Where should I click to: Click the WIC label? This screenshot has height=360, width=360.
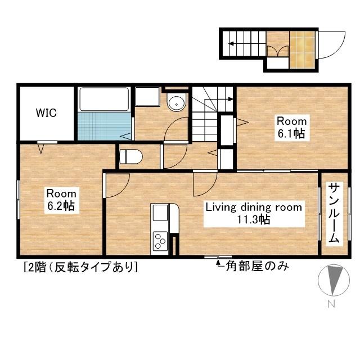click(46, 112)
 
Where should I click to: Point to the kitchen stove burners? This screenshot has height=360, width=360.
click(160, 241)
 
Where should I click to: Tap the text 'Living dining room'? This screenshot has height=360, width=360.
click(253, 207)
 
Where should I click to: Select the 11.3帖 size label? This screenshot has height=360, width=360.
click(253, 219)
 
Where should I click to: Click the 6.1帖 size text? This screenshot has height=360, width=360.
click(291, 134)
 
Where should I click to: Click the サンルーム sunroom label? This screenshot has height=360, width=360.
click(334, 213)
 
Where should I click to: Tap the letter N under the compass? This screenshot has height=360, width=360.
click(331, 304)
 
